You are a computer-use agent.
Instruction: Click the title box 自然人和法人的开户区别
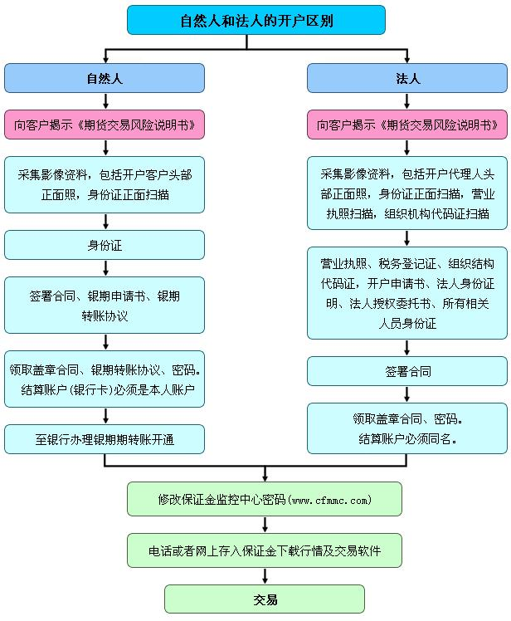click(x=255, y=20)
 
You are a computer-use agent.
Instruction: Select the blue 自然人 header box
click(x=105, y=78)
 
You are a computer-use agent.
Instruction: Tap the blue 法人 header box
click(x=406, y=78)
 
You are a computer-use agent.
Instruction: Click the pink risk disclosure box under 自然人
click(x=105, y=125)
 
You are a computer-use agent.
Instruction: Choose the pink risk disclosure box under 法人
click(x=406, y=125)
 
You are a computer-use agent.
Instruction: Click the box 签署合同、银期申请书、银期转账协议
click(x=105, y=305)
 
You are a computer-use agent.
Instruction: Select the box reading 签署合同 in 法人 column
click(x=406, y=371)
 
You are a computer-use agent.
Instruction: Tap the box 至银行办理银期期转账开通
click(x=105, y=438)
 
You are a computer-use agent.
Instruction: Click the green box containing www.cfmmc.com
click(x=264, y=499)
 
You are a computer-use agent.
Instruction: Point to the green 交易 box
click(x=264, y=599)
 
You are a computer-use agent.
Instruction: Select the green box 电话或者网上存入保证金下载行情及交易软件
click(x=264, y=550)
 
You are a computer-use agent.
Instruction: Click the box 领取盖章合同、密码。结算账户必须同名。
click(x=406, y=428)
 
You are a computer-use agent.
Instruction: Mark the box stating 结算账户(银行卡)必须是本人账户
click(x=105, y=379)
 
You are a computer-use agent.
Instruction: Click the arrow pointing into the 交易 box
click(x=264, y=576)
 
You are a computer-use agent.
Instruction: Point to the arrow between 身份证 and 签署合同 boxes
click(x=105, y=268)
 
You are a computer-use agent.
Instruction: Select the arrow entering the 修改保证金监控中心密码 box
click(x=264, y=475)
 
